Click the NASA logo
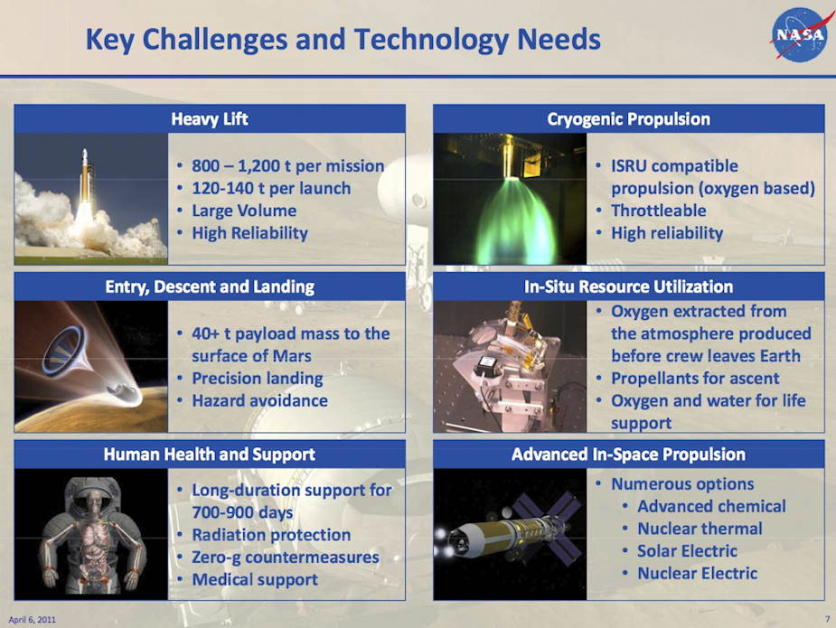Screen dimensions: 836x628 click(801, 34)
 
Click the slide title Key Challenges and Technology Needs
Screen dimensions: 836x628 click(343, 40)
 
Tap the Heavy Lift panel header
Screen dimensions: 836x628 click(210, 119)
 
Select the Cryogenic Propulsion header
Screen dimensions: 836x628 click(629, 119)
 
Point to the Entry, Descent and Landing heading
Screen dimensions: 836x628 click(210, 286)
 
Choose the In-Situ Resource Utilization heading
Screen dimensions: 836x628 click(629, 286)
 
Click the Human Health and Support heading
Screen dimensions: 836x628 click(210, 455)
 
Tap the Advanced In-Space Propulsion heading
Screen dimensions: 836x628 click(629, 455)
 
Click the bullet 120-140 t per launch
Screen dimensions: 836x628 click(271, 188)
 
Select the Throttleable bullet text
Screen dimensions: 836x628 click(659, 211)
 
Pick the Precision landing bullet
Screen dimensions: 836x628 click(258, 379)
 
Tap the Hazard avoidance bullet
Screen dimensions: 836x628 click(259, 401)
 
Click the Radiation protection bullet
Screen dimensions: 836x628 click(271, 535)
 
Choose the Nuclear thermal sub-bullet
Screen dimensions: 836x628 click(700, 529)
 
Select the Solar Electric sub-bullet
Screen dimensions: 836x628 click(687, 550)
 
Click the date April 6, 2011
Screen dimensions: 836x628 click(32, 620)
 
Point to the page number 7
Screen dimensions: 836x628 click(828, 619)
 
